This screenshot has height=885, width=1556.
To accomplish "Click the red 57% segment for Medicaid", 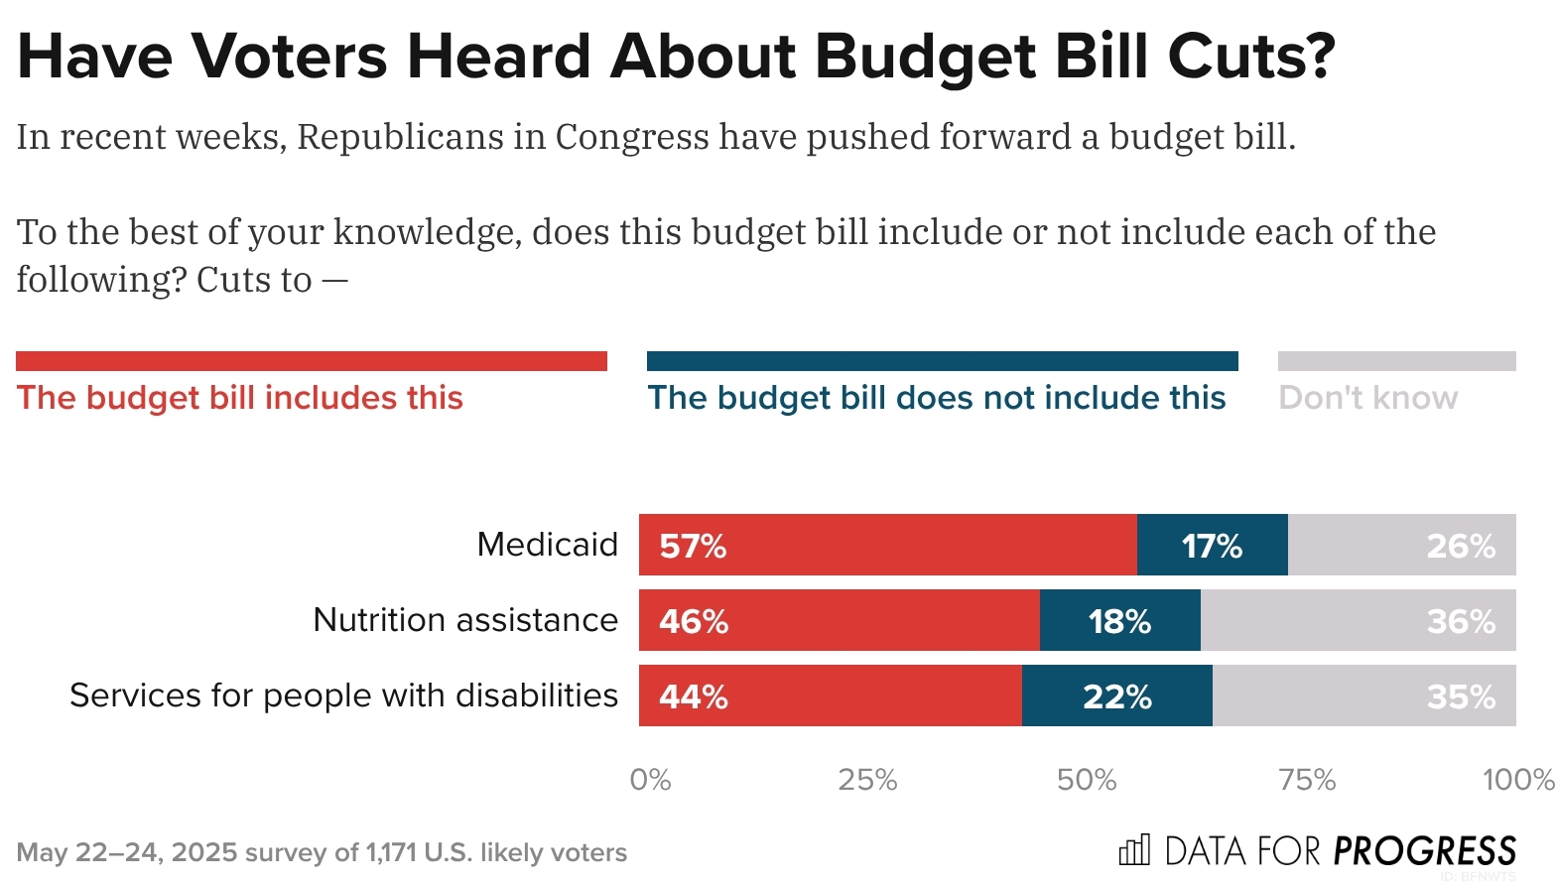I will [x=888, y=545].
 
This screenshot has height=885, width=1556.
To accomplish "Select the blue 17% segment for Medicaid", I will [x=1212, y=545].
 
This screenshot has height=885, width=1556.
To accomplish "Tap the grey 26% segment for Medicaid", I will [x=1401, y=545].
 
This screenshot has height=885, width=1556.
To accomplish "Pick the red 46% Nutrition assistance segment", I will [x=840, y=620].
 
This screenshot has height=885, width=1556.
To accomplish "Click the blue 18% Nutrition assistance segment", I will [x=1119, y=620].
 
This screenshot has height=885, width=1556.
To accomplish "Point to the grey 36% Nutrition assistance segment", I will [x=1358, y=620].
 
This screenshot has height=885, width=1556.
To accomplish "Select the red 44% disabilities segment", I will [x=831, y=695].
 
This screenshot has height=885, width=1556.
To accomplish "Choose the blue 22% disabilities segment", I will [x=1116, y=695].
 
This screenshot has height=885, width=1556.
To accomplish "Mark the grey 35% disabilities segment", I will [x=1363, y=695].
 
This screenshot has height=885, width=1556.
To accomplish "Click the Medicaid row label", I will [x=547, y=545].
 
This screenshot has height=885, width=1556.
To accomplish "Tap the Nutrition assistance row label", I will [x=464, y=620].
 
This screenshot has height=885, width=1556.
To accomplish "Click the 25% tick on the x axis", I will [x=867, y=780].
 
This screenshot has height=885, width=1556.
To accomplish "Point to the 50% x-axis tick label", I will [x=1087, y=780].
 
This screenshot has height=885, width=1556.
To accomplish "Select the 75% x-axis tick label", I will [x=1307, y=780].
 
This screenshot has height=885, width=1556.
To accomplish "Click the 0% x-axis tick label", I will [x=651, y=780].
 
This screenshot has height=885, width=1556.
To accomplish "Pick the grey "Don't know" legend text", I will [x=1367, y=398].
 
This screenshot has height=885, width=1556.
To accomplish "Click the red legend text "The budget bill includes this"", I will [x=240, y=398].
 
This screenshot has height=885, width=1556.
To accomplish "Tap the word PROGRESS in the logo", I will [x=1424, y=851].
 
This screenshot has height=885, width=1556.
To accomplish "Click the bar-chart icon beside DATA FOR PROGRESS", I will [x=1134, y=850].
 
